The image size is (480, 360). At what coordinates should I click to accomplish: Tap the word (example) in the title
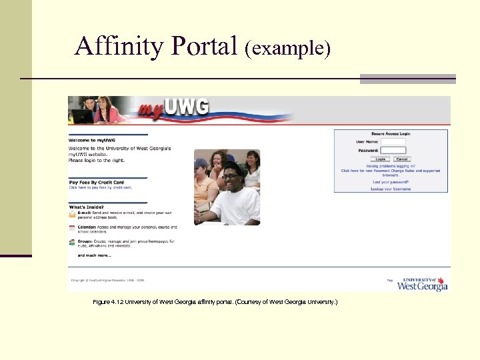tap(287, 48)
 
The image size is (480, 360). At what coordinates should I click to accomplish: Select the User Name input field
tap(393, 141)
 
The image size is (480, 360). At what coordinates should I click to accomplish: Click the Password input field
tap(393, 150)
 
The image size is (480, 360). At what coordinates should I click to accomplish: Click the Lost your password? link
tap(391, 182)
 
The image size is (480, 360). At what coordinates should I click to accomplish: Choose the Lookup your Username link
tap(391, 189)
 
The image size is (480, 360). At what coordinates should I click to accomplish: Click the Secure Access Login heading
tap(391, 133)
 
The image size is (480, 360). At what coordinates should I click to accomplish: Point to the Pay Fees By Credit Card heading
tap(96, 182)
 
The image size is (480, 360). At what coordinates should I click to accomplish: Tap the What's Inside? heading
tap(86, 207)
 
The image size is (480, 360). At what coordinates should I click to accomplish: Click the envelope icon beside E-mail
tap(72, 215)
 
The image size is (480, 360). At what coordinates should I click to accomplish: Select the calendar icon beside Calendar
tap(72, 228)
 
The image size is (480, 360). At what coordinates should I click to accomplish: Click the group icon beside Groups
tap(72, 241)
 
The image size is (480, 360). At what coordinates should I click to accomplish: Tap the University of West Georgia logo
tap(422, 283)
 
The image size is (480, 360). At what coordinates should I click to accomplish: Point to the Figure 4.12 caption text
tap(215, 302)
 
